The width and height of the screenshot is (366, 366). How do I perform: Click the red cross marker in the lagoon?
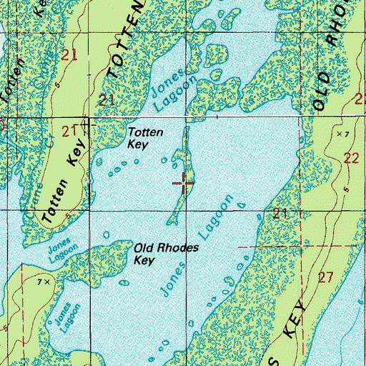pos(184,184)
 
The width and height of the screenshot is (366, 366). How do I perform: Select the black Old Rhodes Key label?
pos(165,254)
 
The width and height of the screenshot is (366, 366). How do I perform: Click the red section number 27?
pos(326,277)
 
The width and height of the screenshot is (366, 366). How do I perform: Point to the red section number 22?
pos(350,158)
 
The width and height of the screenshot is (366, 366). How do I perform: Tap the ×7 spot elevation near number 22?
pos(342,134)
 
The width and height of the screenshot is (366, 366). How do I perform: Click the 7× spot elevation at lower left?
pos(44,282)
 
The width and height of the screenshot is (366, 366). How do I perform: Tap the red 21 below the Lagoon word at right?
pos(280,213)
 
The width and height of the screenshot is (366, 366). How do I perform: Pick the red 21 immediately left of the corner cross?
pos(69,131)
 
